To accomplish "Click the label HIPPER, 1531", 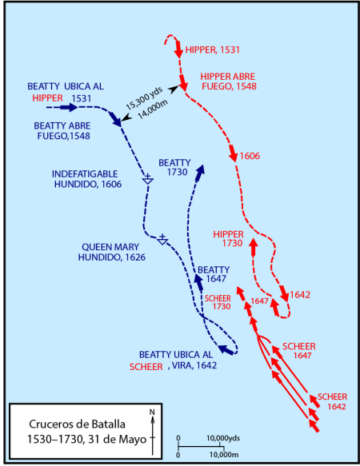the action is tap(213, 50).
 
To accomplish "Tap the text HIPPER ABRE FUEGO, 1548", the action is tap(228, 82).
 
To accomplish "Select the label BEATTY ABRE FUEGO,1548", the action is tap(62, 131).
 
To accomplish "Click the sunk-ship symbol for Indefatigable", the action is tap(147, 179).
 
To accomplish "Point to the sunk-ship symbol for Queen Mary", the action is tap(162, 239).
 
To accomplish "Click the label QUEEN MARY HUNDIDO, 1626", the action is tap(111, 252).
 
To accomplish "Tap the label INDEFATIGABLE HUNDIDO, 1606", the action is tap(86, 179).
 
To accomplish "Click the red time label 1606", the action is tap(250, 156).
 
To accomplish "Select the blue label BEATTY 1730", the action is tap(174, 167).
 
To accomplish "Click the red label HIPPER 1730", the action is tap(228, 239).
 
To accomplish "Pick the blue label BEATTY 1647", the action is tap(214, 274).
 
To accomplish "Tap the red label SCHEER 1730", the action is tap(218, 302).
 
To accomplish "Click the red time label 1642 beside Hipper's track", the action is tap(300, 295).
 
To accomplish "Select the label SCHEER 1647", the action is tap(299, 351).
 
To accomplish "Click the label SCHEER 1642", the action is tap(333, 401).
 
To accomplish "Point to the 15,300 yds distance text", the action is tap(144, 98).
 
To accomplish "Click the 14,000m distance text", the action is tap(153, 109).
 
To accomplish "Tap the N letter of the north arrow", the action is tap(152, 412).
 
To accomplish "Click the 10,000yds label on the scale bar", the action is tap(223, 438).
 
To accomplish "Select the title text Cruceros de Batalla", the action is tap(77, 424).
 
